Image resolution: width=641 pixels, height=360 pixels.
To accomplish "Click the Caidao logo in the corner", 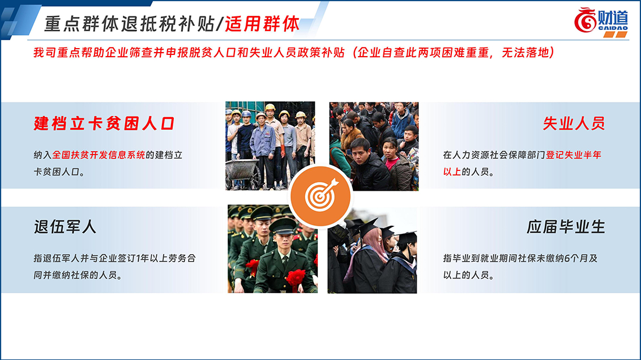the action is tap(601, 22).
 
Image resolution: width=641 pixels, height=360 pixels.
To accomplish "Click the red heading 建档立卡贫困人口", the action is tap(104, 123).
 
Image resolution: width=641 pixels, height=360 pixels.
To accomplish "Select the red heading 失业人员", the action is tap(574, 123).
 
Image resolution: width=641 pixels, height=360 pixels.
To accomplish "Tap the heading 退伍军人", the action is tap(65, 226).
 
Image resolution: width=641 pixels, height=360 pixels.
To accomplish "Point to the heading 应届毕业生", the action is tap(566, 226).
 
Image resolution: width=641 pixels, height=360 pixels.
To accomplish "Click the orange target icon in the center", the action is tap(320, 196).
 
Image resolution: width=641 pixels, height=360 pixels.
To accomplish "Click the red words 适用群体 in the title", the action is tap(262, 24).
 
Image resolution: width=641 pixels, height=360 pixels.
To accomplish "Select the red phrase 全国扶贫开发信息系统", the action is tap(99, 155).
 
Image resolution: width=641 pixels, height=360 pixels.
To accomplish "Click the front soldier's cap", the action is tap(283, 226).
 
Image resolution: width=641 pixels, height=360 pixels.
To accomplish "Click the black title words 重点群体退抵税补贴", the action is tap(129, 24).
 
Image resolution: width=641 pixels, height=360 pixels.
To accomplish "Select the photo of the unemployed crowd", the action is tap(374, 146).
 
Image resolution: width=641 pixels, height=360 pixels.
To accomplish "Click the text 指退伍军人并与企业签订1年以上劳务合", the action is tap(115, 258).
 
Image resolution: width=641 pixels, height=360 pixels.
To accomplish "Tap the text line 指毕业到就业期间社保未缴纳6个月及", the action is tap(520, 258).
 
